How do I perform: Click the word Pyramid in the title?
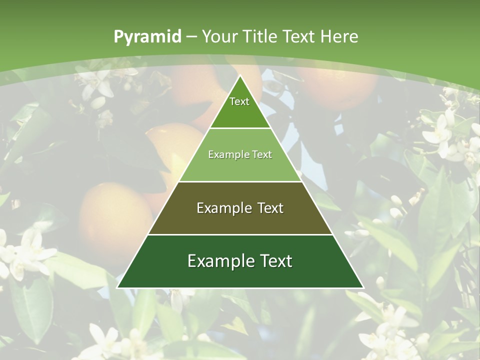click(147, 36)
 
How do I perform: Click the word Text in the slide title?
click(299, 36)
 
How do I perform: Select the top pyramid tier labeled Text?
click(240, 107)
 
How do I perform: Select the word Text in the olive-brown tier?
click(268, 208)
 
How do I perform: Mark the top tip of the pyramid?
click(240, 76)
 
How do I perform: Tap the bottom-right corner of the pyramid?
click(362, 287)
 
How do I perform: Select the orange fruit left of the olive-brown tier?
click(115, 217)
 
